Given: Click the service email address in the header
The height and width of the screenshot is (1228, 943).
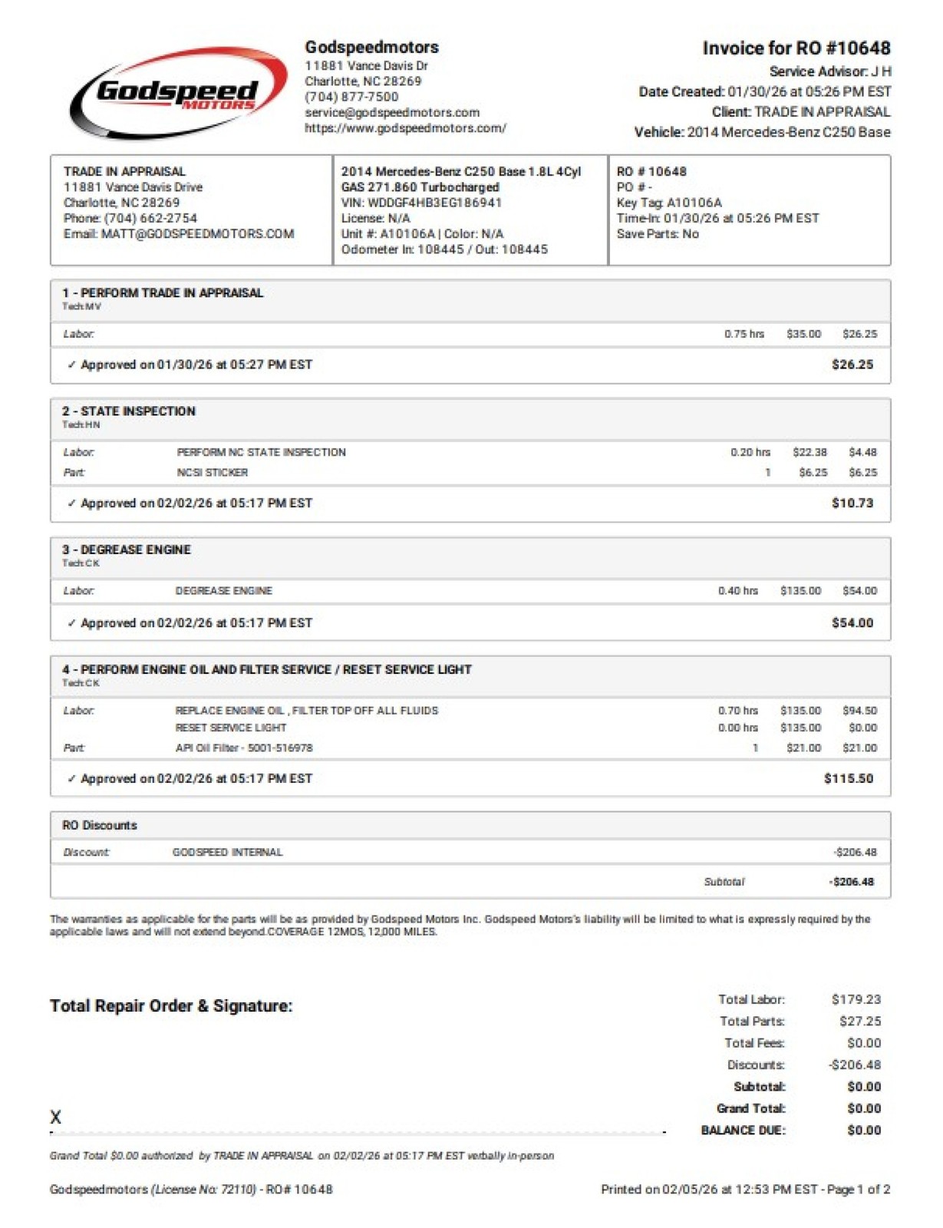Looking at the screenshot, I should (392, 112).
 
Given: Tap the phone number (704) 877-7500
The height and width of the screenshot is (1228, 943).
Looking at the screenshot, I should (351, 97).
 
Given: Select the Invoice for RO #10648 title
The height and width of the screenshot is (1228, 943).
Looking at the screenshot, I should (796, 48).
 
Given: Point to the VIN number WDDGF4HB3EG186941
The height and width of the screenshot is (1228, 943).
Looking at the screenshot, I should (434, 203).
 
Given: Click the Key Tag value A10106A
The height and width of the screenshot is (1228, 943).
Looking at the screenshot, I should (694, 203).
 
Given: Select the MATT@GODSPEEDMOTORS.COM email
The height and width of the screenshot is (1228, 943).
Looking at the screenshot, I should (197, 233).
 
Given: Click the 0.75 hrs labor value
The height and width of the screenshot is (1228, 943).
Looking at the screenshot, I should (744, 334).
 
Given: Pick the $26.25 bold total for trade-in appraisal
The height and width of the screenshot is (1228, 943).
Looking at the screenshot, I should (852, 365).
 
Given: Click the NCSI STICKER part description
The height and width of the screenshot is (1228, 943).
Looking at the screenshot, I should (213, 473).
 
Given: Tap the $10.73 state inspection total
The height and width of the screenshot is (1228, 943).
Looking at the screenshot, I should (852, 503).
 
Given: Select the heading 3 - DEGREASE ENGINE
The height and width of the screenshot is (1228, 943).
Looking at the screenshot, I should (127, 550).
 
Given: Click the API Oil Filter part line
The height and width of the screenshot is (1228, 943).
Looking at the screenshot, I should (244, 748).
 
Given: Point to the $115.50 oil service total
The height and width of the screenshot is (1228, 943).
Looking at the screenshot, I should (848, 778).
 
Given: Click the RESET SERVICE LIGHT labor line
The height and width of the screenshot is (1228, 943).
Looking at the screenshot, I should (231, 728).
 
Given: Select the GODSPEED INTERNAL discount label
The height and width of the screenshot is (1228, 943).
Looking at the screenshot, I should (227, 852).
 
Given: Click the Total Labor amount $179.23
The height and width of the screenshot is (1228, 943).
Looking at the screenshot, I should (856, 999).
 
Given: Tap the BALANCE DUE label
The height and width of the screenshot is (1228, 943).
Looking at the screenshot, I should (743, 1130).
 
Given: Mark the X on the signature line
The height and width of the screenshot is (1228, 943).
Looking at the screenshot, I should (55, 1117).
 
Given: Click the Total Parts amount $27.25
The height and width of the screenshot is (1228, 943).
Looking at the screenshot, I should (859, 1021).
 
